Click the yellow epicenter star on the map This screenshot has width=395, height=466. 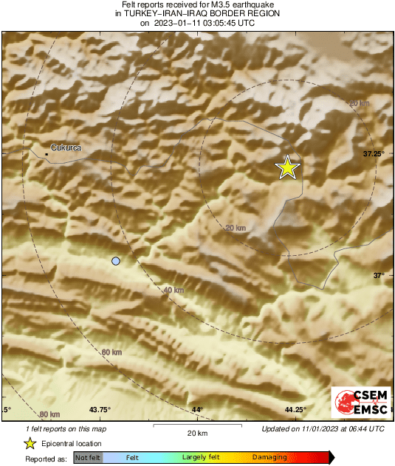287,168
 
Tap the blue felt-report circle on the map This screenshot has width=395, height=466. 115,261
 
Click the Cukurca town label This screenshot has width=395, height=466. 66,147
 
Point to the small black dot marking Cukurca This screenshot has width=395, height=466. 47,154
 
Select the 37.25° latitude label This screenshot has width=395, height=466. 374,153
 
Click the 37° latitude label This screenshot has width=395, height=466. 378,275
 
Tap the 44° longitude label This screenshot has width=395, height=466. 197,410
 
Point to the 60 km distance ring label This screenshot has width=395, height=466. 111,352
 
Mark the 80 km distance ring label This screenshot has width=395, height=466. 49,414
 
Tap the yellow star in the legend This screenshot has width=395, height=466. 30,443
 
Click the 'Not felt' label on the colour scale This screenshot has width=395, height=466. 89,458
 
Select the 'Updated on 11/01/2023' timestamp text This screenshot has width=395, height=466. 323,428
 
